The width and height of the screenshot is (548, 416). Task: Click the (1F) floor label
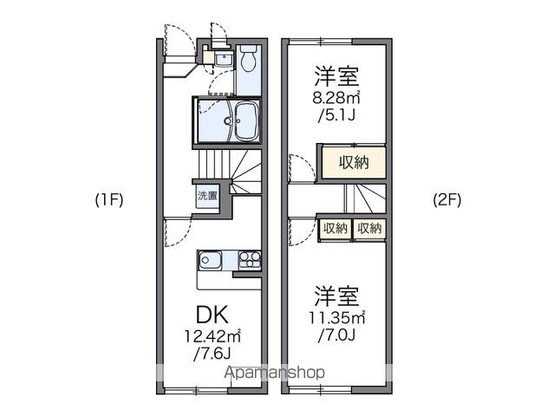[109, 200]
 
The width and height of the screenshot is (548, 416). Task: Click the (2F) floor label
[447, 200]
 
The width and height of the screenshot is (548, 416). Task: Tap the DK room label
[212, 315]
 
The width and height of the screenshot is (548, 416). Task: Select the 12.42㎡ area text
[212, 336]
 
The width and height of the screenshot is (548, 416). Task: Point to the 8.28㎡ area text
[336, 98]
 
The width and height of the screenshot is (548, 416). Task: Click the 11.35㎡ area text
[336, 317]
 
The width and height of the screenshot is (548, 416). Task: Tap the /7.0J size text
[336, 335]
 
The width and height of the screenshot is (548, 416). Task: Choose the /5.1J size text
[336, 115]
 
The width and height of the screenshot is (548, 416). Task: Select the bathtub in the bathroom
[246, 122]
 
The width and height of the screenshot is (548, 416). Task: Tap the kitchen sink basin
[210, 261]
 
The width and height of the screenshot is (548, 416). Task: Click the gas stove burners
[250, 261]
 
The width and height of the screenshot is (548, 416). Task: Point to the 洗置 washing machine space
[207, 196]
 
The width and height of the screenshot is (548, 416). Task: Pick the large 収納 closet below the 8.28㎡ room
[354, 162]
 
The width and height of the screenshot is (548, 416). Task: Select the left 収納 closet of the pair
[336, 229]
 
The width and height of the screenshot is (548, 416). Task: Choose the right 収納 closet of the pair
[369, 229]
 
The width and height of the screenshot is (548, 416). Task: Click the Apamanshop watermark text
[275, 373]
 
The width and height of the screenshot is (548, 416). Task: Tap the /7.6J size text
[212, 354]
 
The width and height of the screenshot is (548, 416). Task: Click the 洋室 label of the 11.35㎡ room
[336, 296]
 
